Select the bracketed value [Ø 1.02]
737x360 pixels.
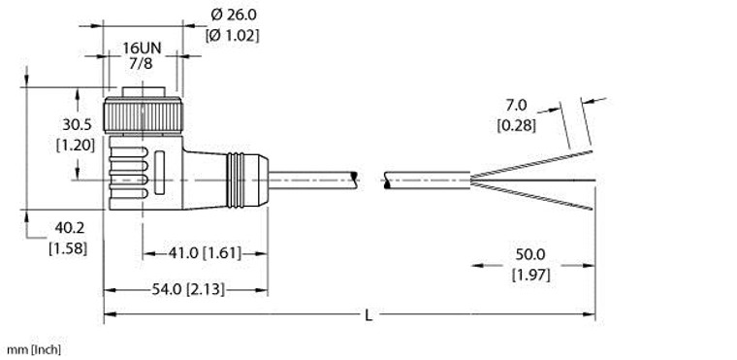pyautogui.click(x=234, y=37)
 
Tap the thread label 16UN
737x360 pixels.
pyautogui.click(x=142, y=47)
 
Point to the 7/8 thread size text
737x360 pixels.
pyautogui.click(x=142, y=63)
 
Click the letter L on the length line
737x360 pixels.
pyautogui.click(x=369, y=313)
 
